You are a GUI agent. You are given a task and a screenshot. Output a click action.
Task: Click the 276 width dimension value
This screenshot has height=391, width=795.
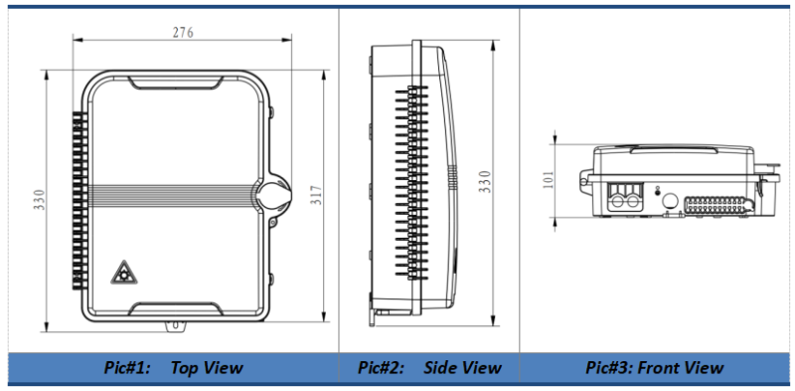pyautogui.click(x=183, y=33)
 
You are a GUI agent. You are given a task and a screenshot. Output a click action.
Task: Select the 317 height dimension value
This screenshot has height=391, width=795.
pyautogui.click(x=316, y=195)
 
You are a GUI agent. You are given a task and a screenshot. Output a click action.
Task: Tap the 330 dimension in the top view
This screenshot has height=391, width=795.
pyautogui.click(x=40, y=200)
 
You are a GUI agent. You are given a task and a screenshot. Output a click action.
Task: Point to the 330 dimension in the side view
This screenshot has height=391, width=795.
pyautogui.click(x=485, y=182)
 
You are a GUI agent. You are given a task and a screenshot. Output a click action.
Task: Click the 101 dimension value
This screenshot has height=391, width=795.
pyautogui.click(x=549, y=180)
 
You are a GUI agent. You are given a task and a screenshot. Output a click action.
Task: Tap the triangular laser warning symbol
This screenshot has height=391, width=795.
pyautogui.click(x=124, y=273)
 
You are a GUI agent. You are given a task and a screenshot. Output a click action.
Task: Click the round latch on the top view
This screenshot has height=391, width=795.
pyautogui.click(x=274, y=195)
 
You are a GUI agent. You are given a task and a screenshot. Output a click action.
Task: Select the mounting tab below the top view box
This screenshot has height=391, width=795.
pyautogui.click(x=176, y=326)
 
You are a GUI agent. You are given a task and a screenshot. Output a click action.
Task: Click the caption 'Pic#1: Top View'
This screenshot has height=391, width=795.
pyautogui.click(x=173, y=368)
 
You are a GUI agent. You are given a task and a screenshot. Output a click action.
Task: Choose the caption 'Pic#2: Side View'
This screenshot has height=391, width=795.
pyautogui.click(x=430, y=368)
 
